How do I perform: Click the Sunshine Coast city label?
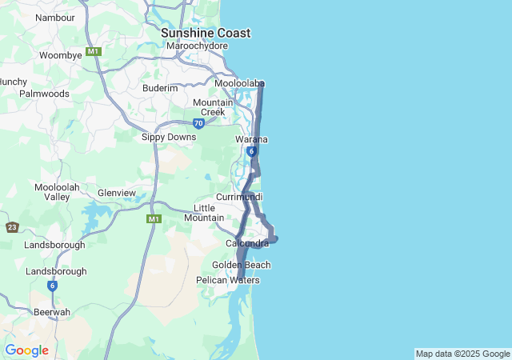(x=206, y=33)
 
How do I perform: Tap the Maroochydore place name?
(x=198, y=46)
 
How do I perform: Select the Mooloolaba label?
(x=239, y=83)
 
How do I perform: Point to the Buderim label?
(x=160, y=88)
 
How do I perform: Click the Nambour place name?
(x=55, y=17)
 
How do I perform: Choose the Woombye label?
(x=62, y=55)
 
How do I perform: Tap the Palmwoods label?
(x=45, y=94)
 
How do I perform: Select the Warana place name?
(x=251, y=139)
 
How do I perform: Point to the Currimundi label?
(x=239, y=197)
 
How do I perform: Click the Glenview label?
(x=117, y=193)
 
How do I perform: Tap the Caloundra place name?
(x=247, y=243)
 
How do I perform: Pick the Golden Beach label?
(x=241, y=265)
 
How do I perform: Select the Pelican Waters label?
(x=228, y=280)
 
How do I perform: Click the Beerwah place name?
(x=52, y=312)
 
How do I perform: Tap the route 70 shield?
(x=198, y=123)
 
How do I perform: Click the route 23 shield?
(x=11, y=227)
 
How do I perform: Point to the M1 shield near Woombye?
(x=94, y=51)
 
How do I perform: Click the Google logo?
(x=26, y=350)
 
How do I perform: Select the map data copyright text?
(x=462, y=354)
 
